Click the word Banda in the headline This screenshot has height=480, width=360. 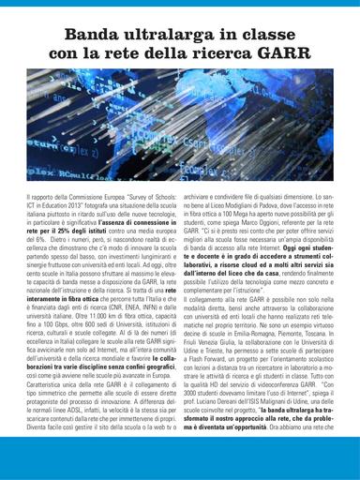point(92,35)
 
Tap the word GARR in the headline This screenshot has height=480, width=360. point(274,53)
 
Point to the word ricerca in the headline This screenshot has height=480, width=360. point(217,53)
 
